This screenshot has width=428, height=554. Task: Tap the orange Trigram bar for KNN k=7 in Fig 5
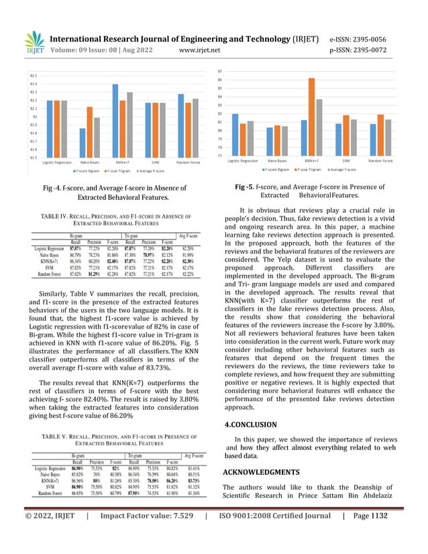point(311,117)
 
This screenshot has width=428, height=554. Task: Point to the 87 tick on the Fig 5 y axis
point(220,71)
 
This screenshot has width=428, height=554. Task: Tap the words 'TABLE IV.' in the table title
point(57,216)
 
